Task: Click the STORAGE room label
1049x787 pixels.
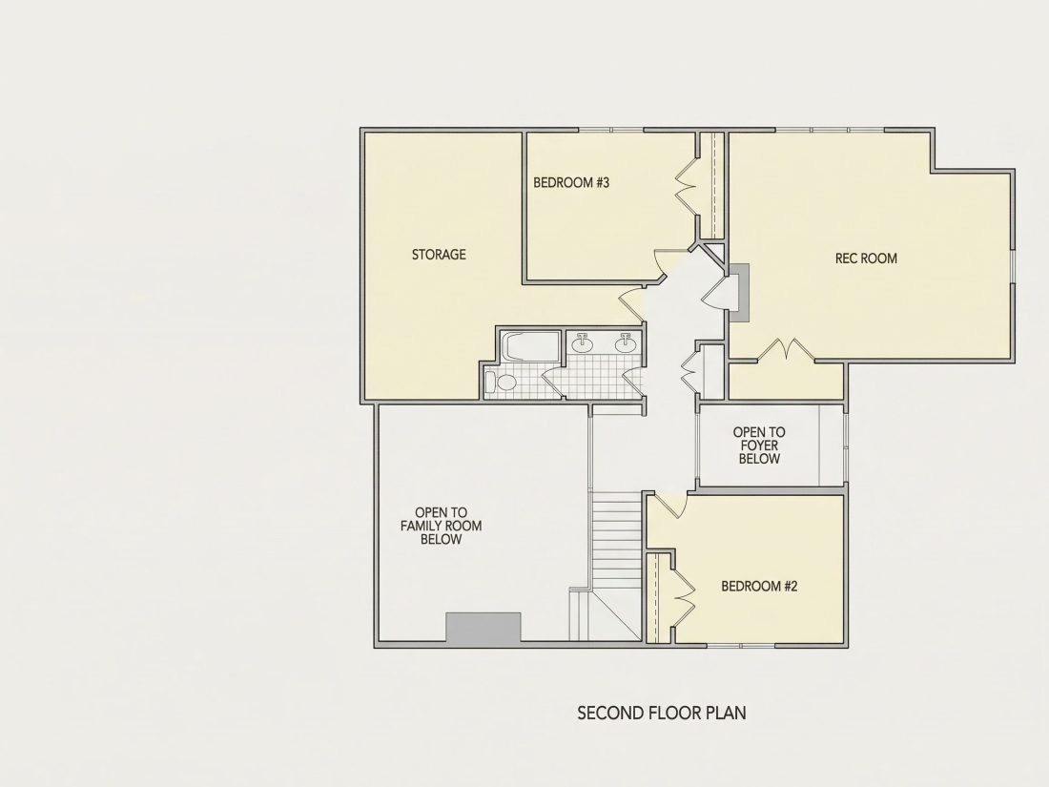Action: pos(439,255)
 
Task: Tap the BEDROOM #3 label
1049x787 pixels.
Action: pos(571,182)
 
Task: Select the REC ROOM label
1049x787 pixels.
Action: pos(866,259)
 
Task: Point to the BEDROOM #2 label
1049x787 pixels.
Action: pos(759,587)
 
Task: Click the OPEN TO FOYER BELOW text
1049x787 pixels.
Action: pos(759,445)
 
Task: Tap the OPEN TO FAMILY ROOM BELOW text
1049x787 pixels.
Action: pos(441,526)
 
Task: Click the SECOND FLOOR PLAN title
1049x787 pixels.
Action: pos(662,713)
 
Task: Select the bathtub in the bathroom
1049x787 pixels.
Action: pos(530,346)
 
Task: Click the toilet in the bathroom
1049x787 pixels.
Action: pos(501,383)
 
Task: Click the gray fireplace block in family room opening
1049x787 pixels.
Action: pos(483,629)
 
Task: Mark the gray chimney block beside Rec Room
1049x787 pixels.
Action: pos(739,293)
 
